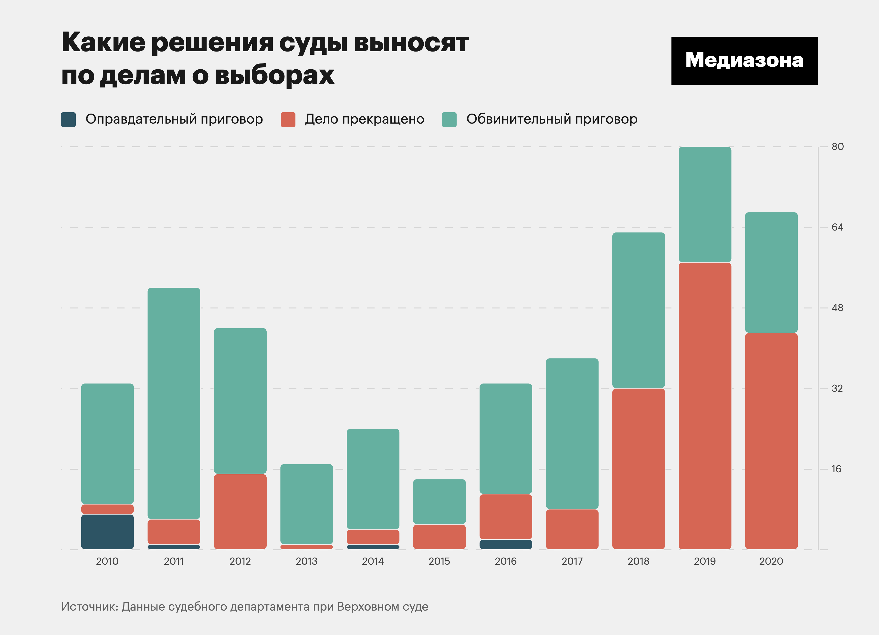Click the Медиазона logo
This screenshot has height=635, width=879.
744,61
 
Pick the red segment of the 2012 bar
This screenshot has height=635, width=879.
240,511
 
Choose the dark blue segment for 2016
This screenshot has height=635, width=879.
506,544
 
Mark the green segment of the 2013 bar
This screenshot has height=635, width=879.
307,504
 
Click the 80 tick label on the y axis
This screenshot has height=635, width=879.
837,147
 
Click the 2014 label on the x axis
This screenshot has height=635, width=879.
373,561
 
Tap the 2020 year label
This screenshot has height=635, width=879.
771,561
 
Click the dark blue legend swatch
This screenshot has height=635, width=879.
68,119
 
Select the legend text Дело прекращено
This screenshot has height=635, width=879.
364,119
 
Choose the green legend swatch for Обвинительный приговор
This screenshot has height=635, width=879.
449,119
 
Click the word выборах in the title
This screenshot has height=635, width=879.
274,75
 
